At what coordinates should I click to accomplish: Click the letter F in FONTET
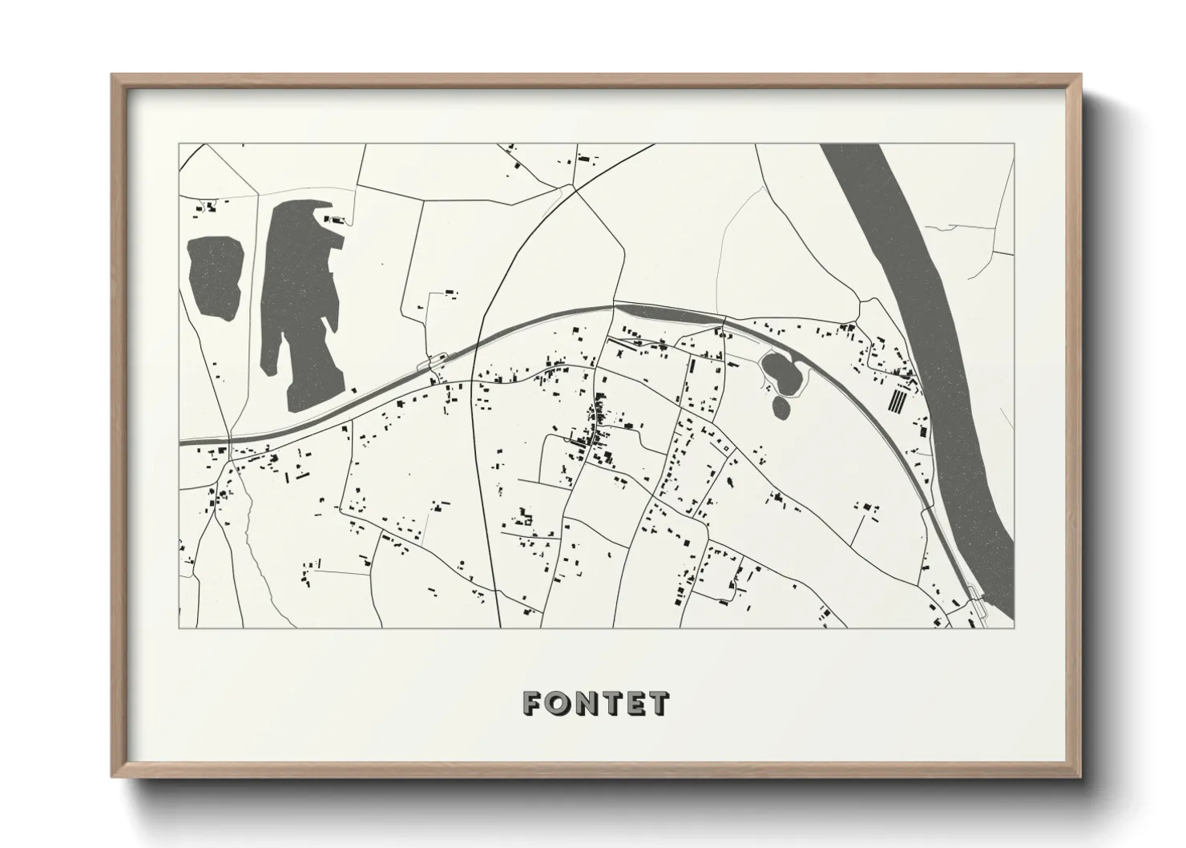pyautogui.click(x=532, y=704)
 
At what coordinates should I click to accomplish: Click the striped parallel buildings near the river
pyautogui.click(x=899, y=398)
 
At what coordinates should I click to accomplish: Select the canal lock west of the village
pyautogui.click(x=436, y=364)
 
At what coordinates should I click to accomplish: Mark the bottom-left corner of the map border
pyautogui.click(x=180, y=628)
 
